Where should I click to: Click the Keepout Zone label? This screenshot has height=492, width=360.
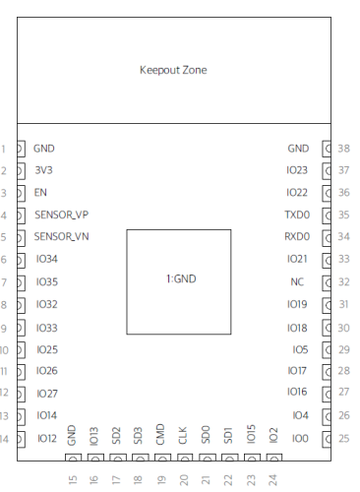[173, 70]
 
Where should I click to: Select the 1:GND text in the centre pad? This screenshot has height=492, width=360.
[181, 278]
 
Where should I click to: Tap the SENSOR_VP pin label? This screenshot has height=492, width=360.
[62, 215]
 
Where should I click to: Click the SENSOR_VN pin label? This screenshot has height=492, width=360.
[61, 236]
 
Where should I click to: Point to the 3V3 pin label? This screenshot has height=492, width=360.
[43, 170]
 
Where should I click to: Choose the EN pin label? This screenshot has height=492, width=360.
[40, 192]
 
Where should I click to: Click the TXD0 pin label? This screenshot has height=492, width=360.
[297, 215]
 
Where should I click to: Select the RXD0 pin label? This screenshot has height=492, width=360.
[297, 236]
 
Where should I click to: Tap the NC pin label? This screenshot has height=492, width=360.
[297, 281]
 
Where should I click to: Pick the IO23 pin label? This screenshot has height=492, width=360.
[297, 170]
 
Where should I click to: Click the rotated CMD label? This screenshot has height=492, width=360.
[160, 434]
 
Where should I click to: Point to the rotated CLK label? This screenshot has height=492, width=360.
[183, 435]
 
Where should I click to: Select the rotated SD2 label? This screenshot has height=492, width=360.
[116, 436]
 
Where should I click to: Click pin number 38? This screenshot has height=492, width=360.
[344, 149]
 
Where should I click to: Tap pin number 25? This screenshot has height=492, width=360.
[344, 439]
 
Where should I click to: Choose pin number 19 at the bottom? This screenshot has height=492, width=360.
[160, 480]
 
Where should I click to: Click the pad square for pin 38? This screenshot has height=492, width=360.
[327, 149]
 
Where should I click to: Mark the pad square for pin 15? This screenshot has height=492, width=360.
[73, 458]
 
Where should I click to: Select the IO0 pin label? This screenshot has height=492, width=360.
[300, 439]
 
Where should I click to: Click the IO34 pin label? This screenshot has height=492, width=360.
[47, 259]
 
